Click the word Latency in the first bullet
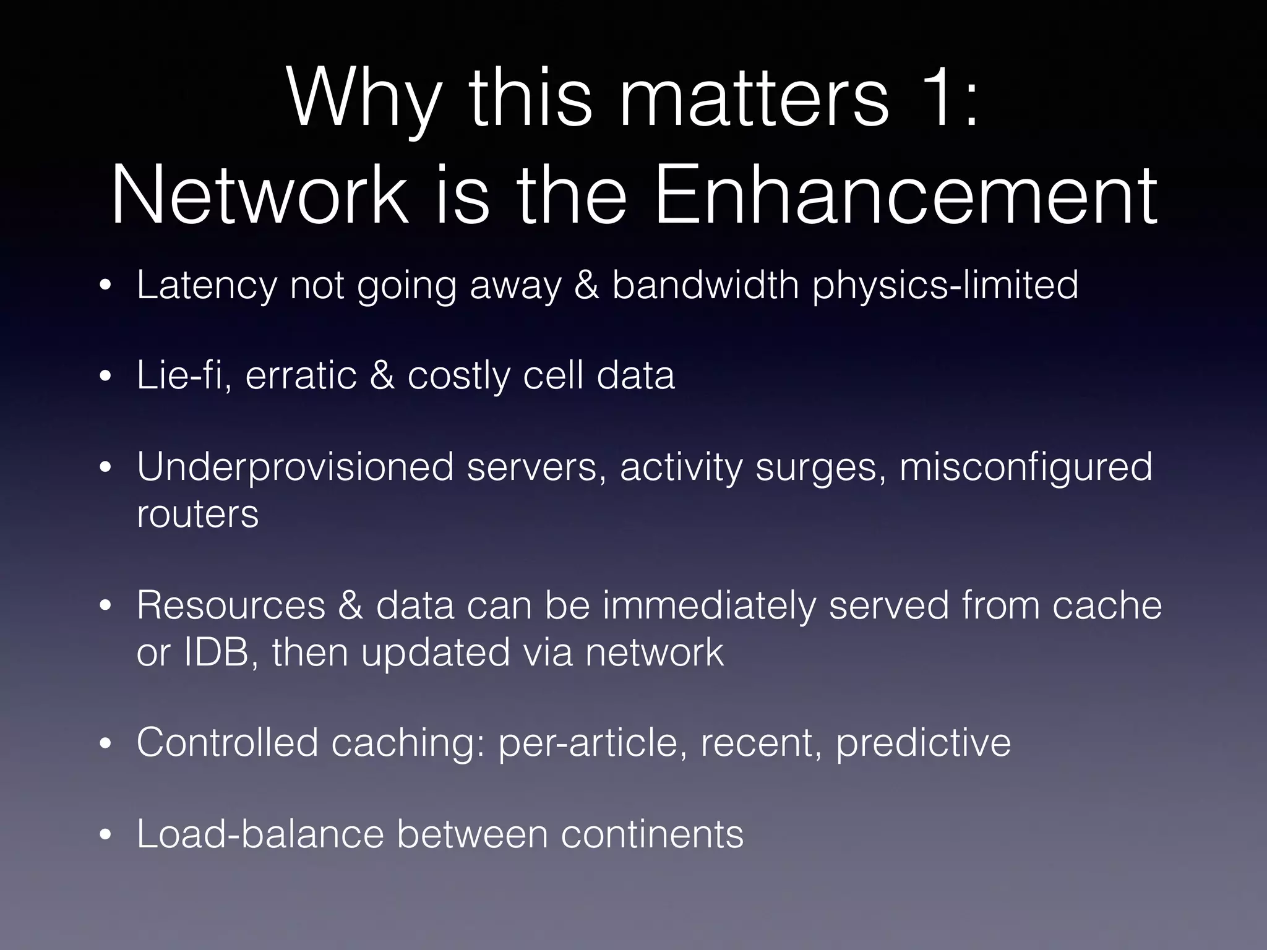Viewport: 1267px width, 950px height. [207, 285]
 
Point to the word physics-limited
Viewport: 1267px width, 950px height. [945, 285]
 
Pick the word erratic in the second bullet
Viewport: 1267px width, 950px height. [301, 375]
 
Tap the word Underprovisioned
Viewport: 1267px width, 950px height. [296, 467]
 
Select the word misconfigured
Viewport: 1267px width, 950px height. [1026, 467]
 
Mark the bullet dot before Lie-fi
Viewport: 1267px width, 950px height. [106, 377]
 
